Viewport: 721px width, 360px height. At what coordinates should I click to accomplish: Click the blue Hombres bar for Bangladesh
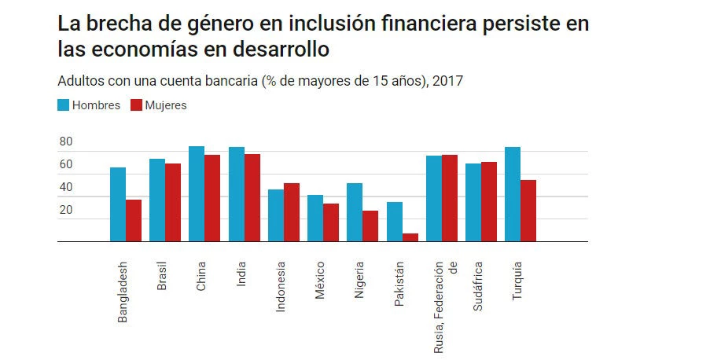click(118, 204)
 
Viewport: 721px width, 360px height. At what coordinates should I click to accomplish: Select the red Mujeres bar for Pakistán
click(410, 237)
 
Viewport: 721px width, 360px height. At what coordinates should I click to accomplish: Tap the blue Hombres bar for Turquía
click(513, 194)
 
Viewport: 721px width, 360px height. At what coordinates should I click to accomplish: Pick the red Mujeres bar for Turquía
click(528, 211)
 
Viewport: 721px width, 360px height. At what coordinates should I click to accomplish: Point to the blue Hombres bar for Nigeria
click(355, 212)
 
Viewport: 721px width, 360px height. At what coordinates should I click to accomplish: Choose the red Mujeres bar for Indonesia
click(292, 212)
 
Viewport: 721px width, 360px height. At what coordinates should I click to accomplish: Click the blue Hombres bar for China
click(197, 193)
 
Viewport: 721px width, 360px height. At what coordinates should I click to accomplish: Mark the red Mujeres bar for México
click(331, 222)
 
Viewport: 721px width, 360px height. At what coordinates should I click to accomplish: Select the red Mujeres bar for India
click(252, 197)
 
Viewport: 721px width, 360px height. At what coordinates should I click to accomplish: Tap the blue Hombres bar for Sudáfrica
click(473, 202)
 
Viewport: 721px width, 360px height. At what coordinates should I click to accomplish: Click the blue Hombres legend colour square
click(63, 105)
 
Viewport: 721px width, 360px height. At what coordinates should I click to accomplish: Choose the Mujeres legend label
click(165, 105)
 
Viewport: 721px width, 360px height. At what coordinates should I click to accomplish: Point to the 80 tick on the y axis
click(65, 142)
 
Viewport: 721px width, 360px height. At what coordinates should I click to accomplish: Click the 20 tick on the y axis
click(65, 210)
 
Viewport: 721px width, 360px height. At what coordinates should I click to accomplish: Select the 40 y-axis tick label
click(65, 187)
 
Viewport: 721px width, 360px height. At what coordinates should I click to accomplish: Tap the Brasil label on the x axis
click(162, 274)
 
